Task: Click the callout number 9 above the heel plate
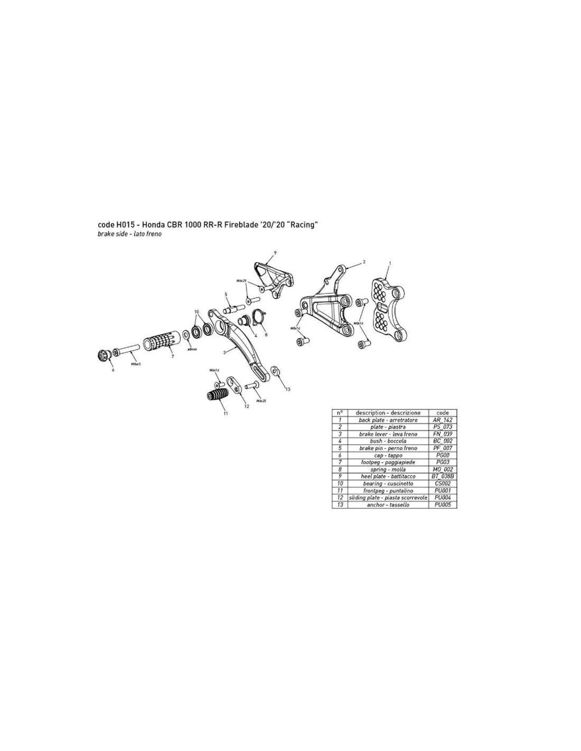[275, 252]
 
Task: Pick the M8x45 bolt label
[135, 364]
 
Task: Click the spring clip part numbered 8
[259, 318]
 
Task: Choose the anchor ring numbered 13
[275, 370]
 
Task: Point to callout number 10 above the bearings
[197, 312]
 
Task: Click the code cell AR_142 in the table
[442, 420]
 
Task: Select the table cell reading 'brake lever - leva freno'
[388, 434]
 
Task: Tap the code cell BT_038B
[442, 476]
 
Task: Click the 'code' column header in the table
[442, 412]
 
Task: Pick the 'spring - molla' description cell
[388, 470]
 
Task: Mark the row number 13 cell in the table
[340, 505]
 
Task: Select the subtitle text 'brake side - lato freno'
[129, 234]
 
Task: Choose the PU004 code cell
[442, 497]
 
